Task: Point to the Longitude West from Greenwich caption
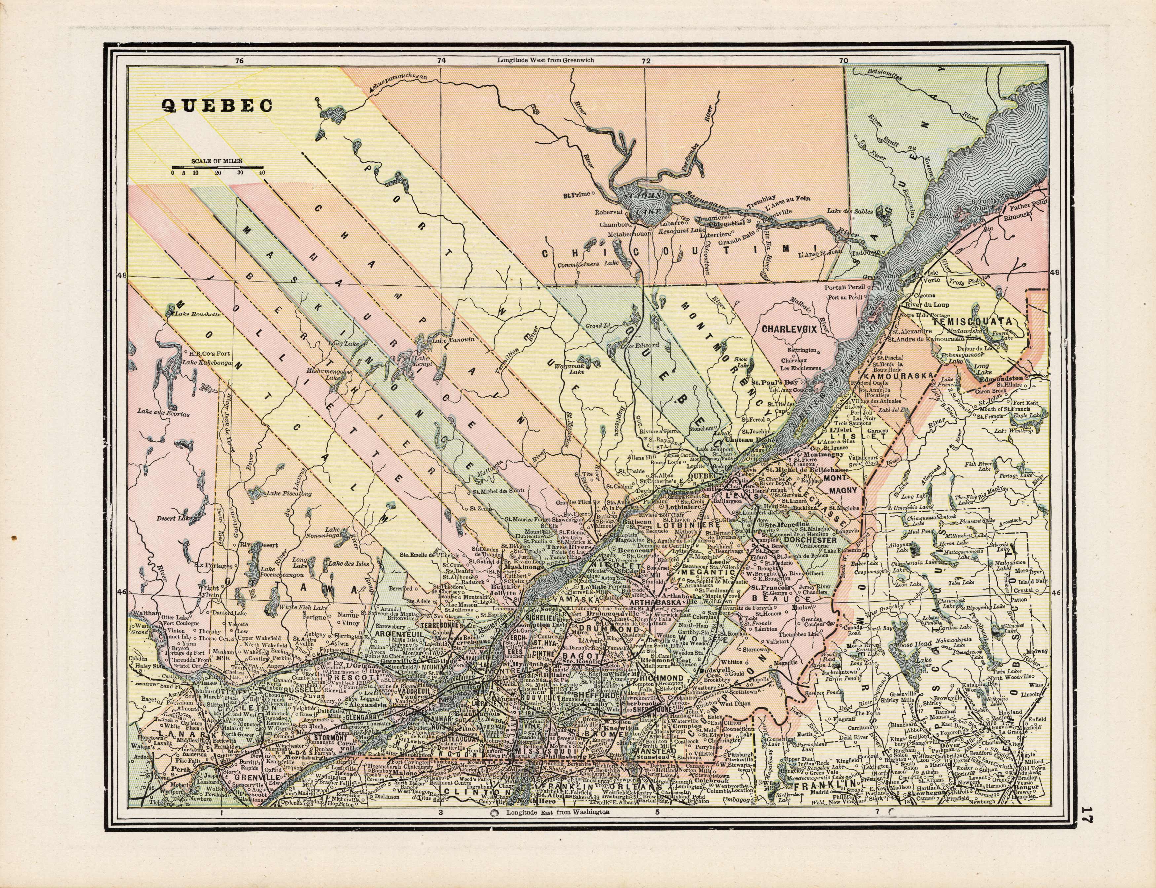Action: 545,60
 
